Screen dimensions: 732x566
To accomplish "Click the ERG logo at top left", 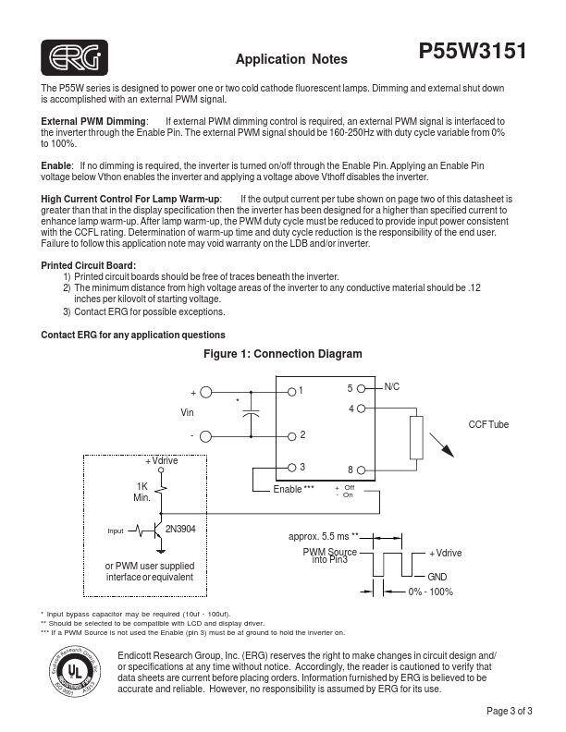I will (73, 58).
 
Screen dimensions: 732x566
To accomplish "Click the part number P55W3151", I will (473, 52).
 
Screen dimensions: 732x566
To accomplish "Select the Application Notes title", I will (291, 60).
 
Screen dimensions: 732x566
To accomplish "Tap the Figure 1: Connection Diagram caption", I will (282, 354).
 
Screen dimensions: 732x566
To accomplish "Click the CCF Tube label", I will (488, 424).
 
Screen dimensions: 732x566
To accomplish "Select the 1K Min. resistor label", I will (141, 492).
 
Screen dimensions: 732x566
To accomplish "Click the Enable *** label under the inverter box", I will (293, 489).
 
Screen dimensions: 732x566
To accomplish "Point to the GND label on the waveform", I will (437, 577).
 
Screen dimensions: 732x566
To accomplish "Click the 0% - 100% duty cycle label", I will (430, 592).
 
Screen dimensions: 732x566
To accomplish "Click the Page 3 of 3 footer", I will (509, 711).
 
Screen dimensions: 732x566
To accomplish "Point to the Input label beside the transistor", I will (116, 531).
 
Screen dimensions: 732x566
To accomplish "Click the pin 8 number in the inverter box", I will (350, 470).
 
